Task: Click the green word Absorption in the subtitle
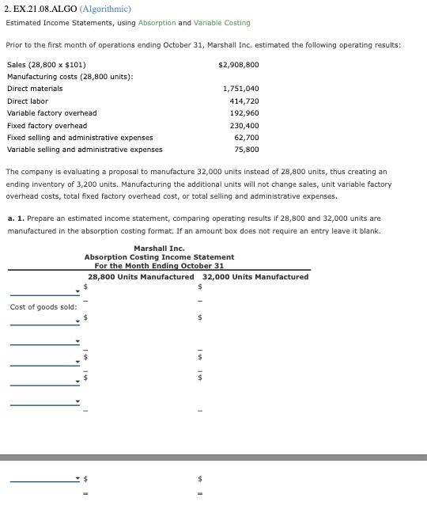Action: click(157, 23)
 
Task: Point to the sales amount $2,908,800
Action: click(238, 65)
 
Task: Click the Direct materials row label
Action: click(35, 89)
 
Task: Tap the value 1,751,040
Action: click(241, 89)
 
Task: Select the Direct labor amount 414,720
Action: click(244, 101)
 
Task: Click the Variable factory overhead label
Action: click(51, 113)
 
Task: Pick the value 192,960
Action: click(244, 113)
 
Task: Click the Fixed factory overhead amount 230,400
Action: click(244, 126)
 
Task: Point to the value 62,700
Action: click(247, 138)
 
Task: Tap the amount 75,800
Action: click(247, 150)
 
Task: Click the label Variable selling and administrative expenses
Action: click(85, 150)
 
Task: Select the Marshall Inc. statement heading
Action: click(159, 249)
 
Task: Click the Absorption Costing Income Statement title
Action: click(159, 257)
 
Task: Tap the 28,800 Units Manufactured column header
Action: click(141, 277)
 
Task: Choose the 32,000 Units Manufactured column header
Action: click(255, 277)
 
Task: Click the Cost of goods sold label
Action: click(43, 307)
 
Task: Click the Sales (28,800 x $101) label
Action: click(47, 65)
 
